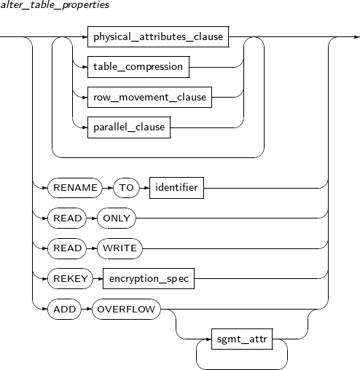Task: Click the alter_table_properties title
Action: (x=55, y=5)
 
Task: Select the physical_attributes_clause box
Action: (x=158, y=36)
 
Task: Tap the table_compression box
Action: (x=138, y=67)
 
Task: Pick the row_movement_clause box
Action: (x=149, y=97)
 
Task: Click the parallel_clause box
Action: (x=129, y=127)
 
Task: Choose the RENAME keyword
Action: (x=75, y=188)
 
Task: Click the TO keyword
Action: (x=126, y=188)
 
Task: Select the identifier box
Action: (x=176, y=188)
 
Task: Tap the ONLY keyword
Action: (x=117, y=218)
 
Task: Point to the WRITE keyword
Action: (x=120, y=248)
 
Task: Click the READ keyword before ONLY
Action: (x=67, y=218)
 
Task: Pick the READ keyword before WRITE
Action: (x=67, y=248)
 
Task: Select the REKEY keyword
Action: (x=70, y=278)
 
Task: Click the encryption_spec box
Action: (x=149, y=278)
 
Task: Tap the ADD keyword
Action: (x=64, y=309)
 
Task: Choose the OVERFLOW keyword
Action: (x=126, y=309)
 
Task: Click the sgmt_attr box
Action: (x=242, y=339)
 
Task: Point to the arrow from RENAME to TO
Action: (x=108, y=188)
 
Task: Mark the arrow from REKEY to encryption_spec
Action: (x=98, y=279)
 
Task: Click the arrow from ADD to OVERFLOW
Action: (x=87, y=310)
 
